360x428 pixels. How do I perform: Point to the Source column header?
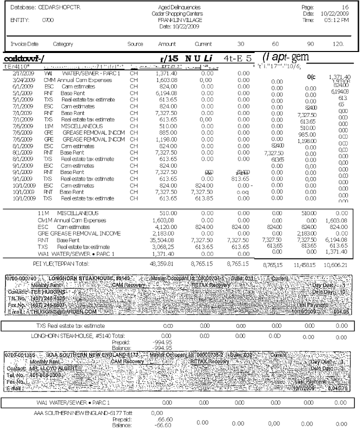135,44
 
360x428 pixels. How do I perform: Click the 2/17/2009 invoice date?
20,73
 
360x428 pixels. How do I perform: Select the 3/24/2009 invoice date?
20,79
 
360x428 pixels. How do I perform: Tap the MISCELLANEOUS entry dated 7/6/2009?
82,126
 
